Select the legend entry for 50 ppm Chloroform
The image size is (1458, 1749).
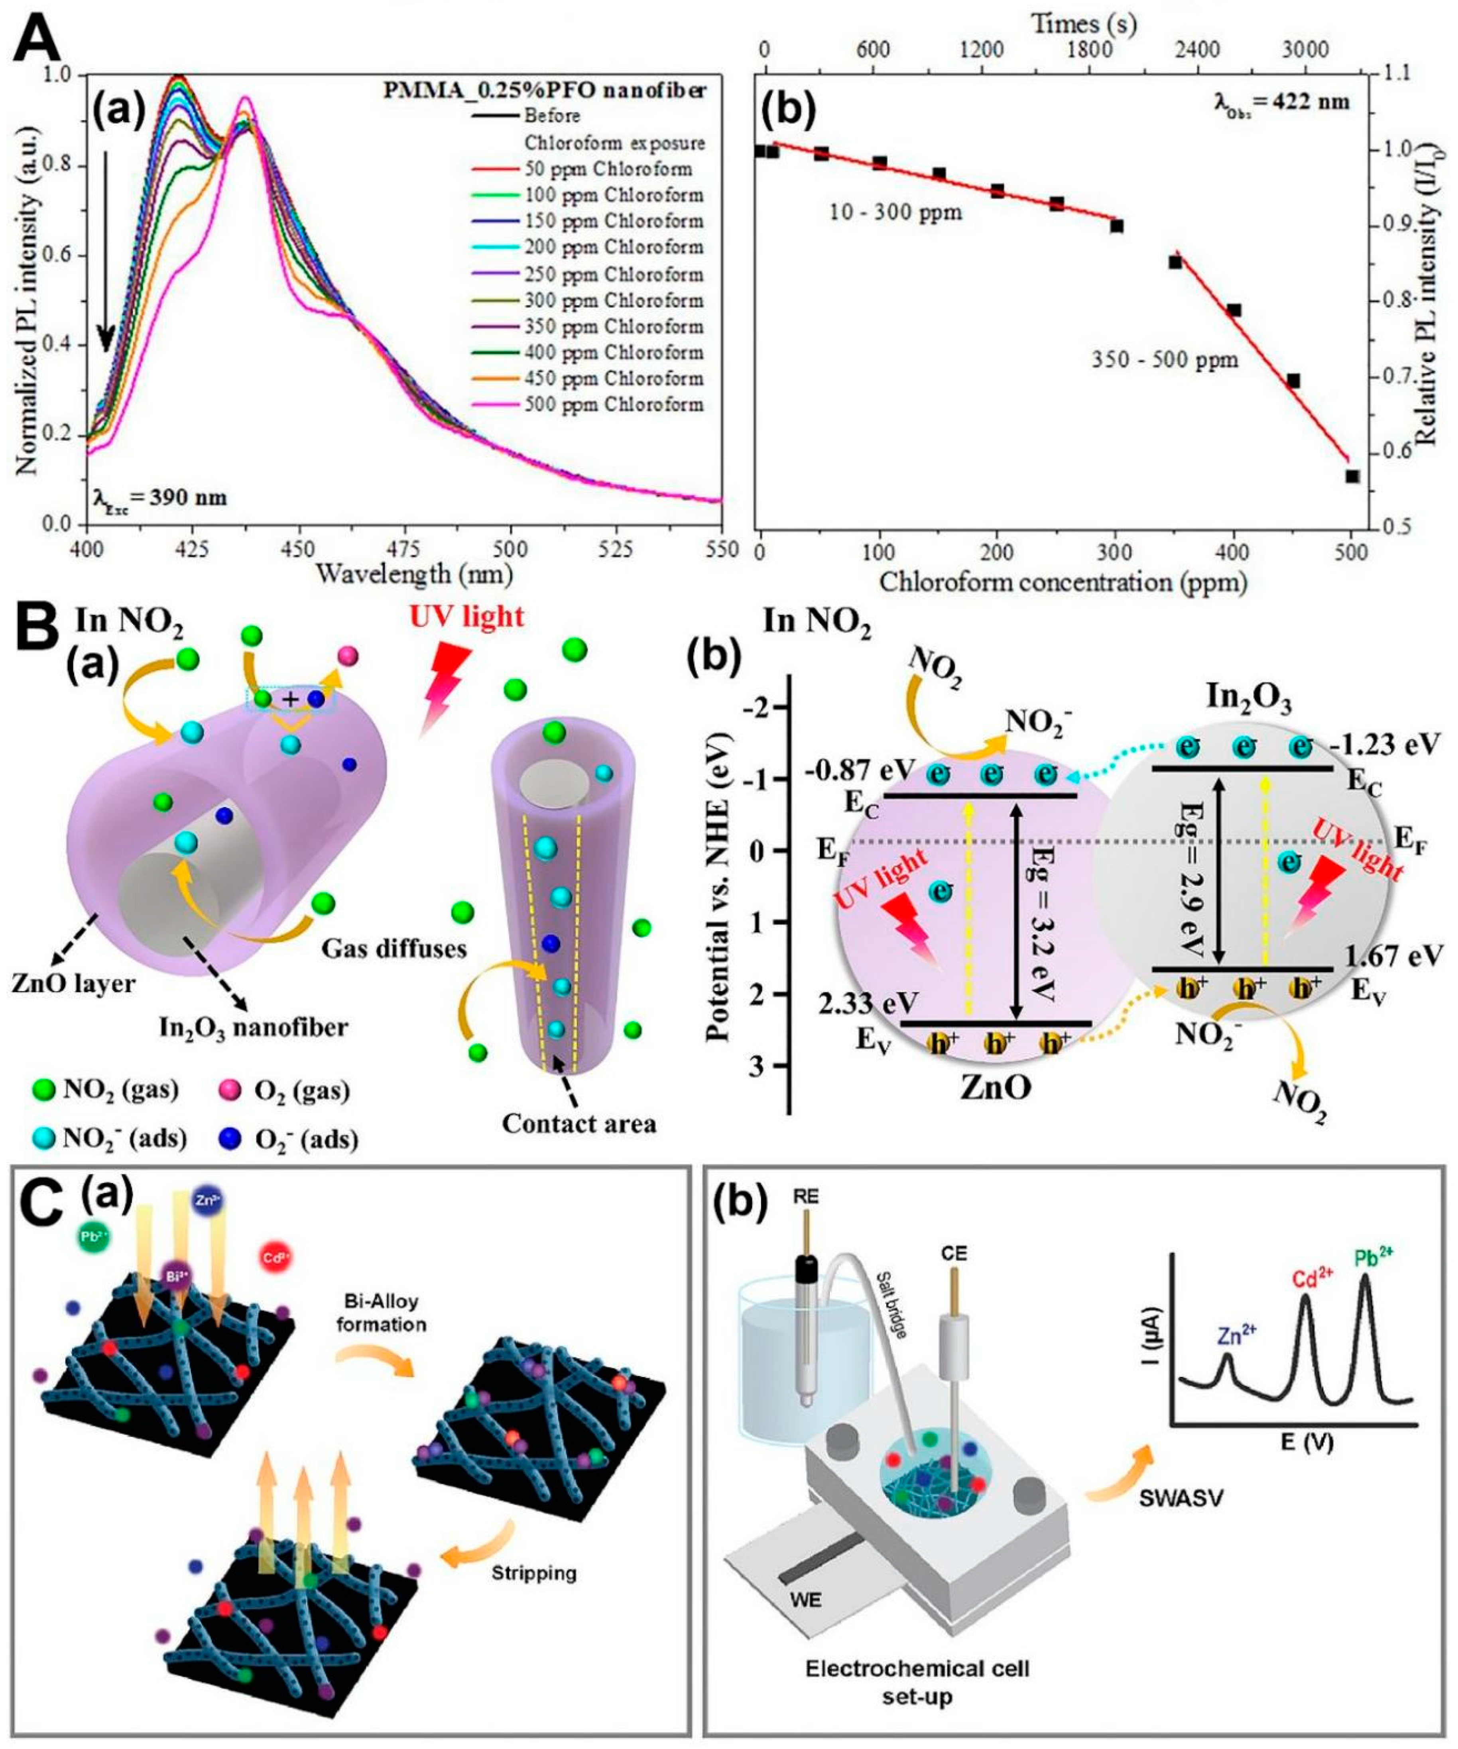(x=608, y=169)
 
